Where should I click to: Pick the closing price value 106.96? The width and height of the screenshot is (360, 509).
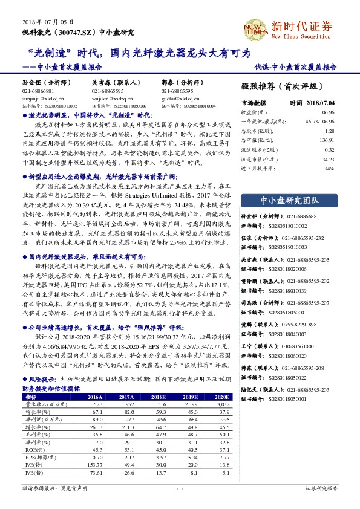pyautogui.click(x=326, y=112)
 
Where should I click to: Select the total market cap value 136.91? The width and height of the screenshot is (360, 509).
pyautogui.click(x=326, y=140)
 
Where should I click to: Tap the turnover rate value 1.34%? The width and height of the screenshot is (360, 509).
pyautogui.click(x=327, y=168)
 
